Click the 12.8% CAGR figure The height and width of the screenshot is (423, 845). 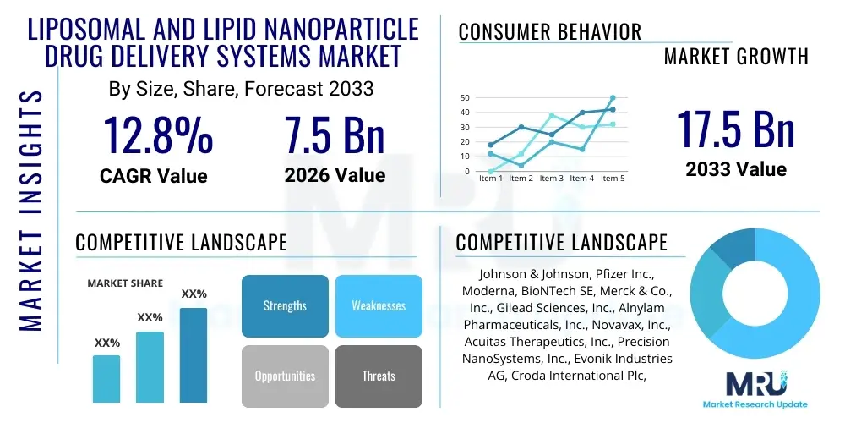coord(158,135)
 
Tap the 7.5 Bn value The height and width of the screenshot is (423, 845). coord(334,135)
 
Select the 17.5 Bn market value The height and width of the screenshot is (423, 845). coord(735,129)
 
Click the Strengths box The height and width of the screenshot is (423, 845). coord(285,305)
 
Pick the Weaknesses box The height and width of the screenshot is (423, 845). coord(378,305)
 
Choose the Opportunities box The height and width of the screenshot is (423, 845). coord(285,376)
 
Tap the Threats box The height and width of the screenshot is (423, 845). coord(378,376)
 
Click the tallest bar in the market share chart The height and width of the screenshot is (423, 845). coord(194,354)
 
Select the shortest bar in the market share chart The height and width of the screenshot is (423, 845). coord(106,378)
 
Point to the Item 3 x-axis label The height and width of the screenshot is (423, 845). coord(551,179)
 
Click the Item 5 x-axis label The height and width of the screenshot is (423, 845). coord(612,179)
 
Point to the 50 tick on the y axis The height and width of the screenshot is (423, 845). coord(464,98)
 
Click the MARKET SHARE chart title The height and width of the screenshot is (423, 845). coord(125,283)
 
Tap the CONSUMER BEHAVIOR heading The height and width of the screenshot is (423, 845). coord(550,32)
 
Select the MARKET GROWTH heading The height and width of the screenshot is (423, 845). coord(735,57)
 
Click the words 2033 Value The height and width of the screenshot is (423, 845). coord(735,169)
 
